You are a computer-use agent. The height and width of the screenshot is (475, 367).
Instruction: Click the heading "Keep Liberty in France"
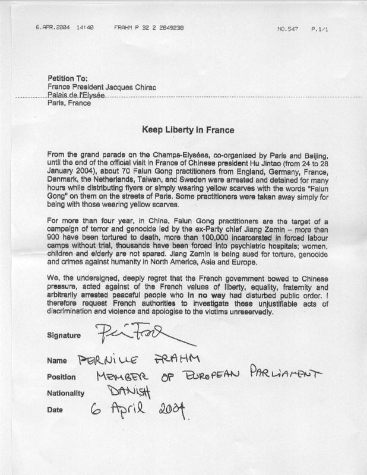187,129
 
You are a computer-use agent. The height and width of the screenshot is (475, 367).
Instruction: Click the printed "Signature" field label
64,335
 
